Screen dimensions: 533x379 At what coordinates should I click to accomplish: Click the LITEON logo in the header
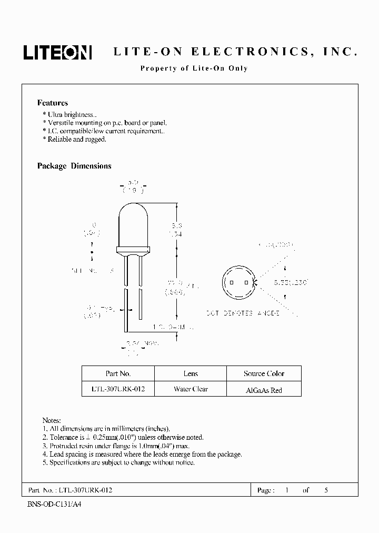click(57, 52)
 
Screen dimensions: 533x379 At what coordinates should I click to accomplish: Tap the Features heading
click(52, 103)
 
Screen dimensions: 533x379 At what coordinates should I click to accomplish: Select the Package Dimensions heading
click(74, 166)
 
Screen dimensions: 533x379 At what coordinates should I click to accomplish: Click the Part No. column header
click(118, 373)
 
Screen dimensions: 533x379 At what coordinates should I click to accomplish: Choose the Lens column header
click(191, 373)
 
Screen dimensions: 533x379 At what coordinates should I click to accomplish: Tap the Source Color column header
click(264, 373)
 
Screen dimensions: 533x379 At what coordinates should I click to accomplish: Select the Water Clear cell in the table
click(191, 389)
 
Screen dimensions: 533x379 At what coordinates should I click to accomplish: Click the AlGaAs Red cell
click(264, 390)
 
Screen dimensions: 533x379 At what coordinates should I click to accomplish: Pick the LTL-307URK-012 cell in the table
click(118, 389)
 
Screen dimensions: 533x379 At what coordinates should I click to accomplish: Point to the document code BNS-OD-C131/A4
click(54, 504)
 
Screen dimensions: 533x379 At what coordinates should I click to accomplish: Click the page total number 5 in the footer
click(326, 490)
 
